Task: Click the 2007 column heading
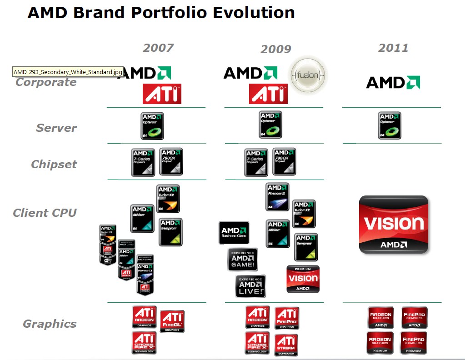click(158, 47)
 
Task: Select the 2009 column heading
click(275, 49)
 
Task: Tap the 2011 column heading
click(393, 47)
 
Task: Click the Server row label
click(56, 128)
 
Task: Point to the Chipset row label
click(54, 164)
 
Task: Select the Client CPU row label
click(45, 212)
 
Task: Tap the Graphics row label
click(50, 324)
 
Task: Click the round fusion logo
click(309, 74)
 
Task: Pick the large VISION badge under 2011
click(394, 224)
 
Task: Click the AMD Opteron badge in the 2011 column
click(390, 125)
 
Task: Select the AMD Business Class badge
click(234, 233)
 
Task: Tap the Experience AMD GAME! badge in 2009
click(243, 260)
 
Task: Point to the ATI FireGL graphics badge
click(172, 321)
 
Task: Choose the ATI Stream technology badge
click(286, 345)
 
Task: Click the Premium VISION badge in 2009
click(303, 279)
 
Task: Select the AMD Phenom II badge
click(277, 197)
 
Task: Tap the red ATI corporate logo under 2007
click(162, 94)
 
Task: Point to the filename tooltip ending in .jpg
click(68, 72)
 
